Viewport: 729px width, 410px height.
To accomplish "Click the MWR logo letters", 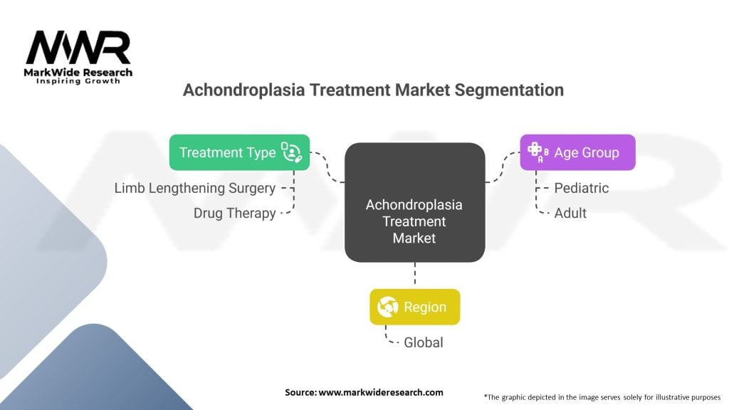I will pos(78,48).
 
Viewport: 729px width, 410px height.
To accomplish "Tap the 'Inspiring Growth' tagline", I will pos(78,81).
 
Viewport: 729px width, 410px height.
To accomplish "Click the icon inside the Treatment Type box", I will pos(292,152).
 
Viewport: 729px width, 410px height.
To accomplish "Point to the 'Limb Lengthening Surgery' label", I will pos(194,188).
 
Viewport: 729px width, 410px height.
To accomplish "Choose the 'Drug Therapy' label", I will pos(234,213).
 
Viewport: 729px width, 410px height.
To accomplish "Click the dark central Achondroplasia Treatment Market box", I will pos(414,202).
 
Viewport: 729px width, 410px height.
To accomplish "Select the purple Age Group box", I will pos(577,152).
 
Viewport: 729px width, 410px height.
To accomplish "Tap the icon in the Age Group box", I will pos(536,152).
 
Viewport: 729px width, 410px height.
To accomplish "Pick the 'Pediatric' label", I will pos(581,188).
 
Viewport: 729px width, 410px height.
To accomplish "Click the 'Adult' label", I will pos(570,213).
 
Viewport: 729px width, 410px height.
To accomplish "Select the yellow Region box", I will pos(414,307).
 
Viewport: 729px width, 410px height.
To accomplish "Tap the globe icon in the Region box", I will pos(387,307).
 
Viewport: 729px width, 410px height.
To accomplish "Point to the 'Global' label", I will pos(423,342).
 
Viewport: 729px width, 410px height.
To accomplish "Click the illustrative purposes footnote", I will pos(602,396).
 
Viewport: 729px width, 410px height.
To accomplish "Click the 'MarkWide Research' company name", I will pos(78,72).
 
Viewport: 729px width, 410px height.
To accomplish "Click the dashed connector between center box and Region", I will pos(414,275).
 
